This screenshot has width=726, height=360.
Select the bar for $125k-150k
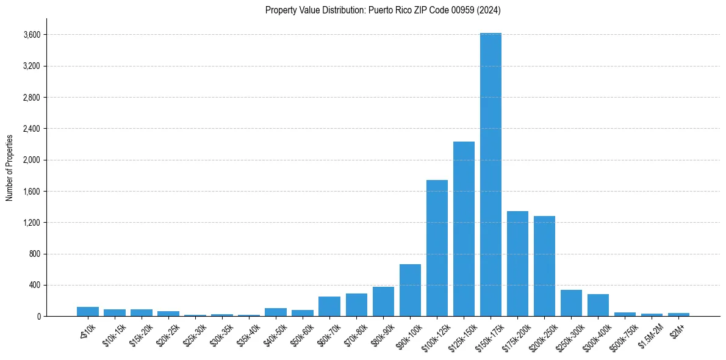pos(464,229)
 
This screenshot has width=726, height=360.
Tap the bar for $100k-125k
pos(437,248)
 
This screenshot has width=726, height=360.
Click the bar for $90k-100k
pos(410,290)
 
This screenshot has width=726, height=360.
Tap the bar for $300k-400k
pos(598,305)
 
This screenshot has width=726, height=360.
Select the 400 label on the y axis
pos(34,285)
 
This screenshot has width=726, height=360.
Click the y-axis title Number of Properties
pos(10,167)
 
